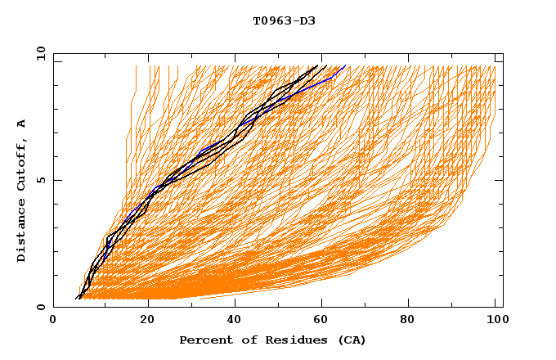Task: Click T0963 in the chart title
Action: point(271,20)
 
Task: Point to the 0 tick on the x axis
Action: point(54,319)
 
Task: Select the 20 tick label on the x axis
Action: point(149,319)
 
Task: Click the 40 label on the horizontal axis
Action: point(237,319)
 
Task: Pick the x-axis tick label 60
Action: point(325,319)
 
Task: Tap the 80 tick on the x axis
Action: point(414,319)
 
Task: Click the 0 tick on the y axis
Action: point(40,307)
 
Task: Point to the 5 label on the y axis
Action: point(40,180)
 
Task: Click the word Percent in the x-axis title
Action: point(204,340)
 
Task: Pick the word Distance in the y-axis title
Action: point(21,232)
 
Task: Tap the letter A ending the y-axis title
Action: point(21,124)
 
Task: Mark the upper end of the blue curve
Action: point(345,65)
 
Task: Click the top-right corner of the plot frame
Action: point(503,53)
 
